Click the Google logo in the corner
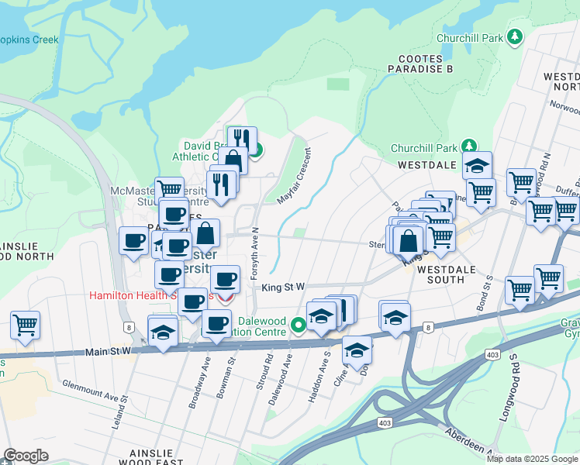point(26,456)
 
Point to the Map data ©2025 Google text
point(532,459)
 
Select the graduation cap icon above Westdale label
point(477,165)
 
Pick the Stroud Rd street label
point(268,374)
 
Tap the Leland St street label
point(123,408)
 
